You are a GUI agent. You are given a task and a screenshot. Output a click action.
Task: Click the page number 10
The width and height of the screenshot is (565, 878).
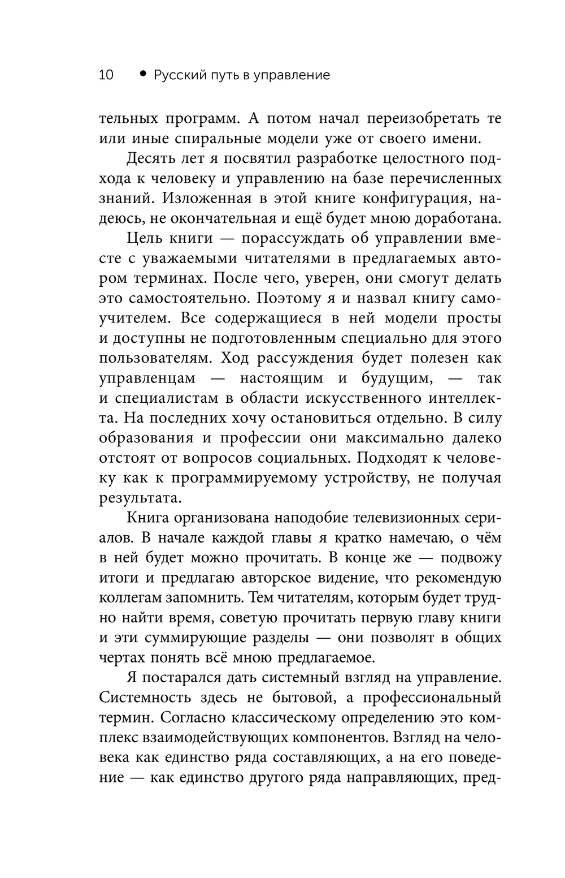106,75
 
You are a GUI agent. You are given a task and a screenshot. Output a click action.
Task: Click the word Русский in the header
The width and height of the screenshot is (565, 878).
177,75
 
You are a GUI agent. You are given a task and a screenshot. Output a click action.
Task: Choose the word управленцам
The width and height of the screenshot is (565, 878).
147,378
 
